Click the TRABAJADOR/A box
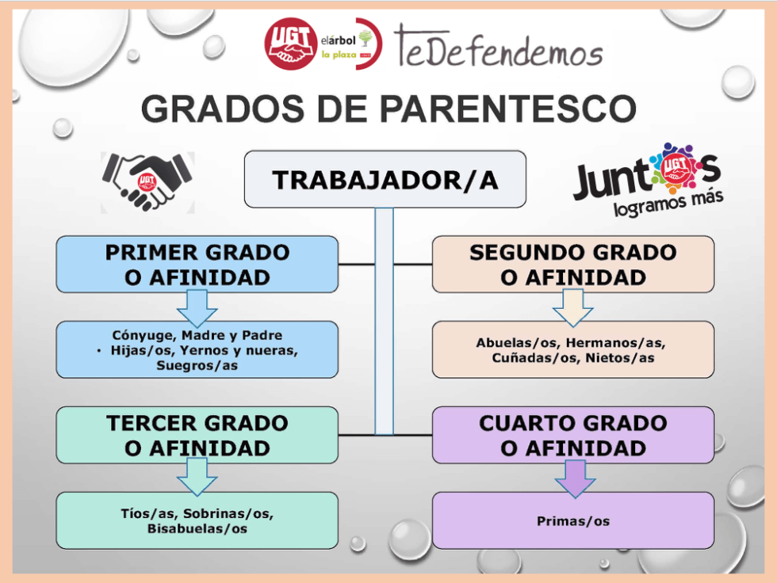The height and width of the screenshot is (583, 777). [x=385, y=180]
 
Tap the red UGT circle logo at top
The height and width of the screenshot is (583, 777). [x=290, y=43]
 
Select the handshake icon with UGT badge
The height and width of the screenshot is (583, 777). [x=147, y=181]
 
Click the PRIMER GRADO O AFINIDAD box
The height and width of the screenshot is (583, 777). [x=197, y=265]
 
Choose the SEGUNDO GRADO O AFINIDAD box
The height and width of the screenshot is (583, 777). [x=572, y=265]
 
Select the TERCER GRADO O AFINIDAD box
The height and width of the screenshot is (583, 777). [x=197, y=435]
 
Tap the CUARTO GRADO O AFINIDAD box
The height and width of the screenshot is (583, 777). [x=572, y=435]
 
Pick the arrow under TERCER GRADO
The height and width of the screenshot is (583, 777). [x=197, y=477]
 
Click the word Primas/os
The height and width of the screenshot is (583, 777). [x=572, y=520]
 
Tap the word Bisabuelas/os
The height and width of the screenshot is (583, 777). [x=197, y=528]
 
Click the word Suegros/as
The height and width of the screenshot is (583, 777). [x=197, y=366]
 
